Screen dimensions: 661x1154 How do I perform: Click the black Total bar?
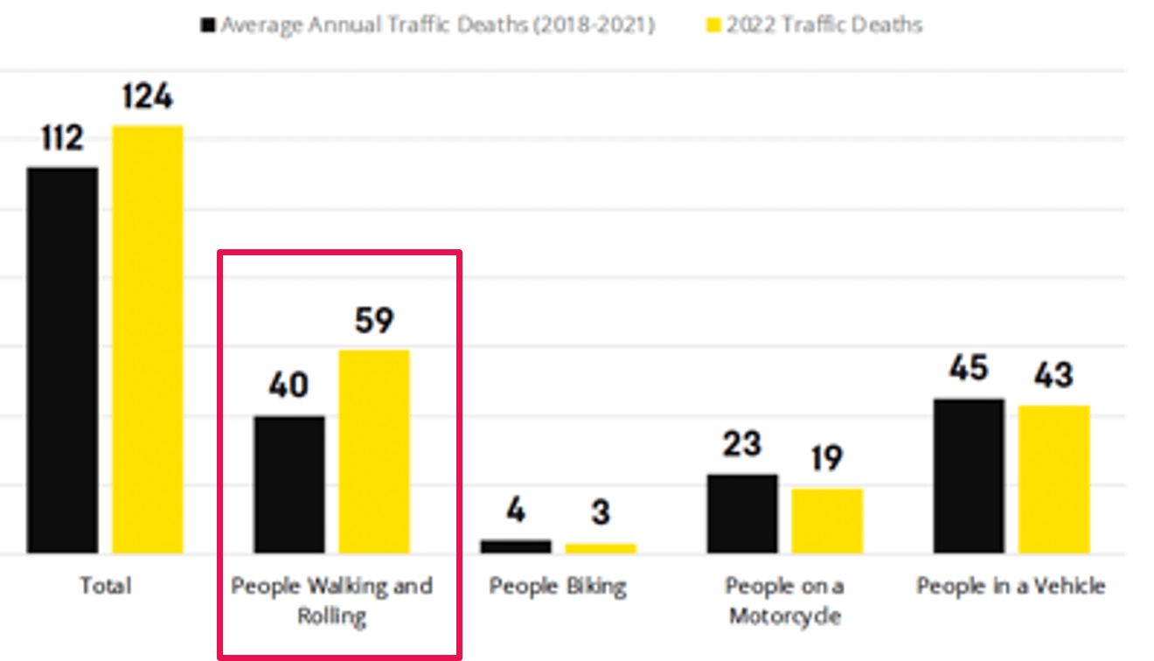pos(62,360)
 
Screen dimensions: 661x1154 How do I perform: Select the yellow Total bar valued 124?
pos(147,339)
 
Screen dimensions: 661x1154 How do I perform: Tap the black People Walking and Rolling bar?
pos(289,484)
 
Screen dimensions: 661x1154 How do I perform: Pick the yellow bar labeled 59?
pos(374,451)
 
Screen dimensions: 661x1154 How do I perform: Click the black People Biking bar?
pos(516,546)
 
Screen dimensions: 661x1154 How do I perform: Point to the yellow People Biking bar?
pos(601,548)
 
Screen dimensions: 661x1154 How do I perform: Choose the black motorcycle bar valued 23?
pos(742,514)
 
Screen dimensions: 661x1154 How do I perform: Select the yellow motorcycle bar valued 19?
pos(827,521)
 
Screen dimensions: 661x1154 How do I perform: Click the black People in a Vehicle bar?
pos(969,476)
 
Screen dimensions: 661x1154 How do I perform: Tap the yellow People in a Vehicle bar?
pos(1053,479)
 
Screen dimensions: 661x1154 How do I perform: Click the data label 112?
pos(62,138)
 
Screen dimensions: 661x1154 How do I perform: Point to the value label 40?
pos(288,386)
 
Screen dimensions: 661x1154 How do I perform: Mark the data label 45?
pos(969,369)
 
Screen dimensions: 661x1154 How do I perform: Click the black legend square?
pos(208,25)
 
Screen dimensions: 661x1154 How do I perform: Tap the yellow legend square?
pos(713,25)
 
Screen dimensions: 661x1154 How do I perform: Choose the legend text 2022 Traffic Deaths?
pos(824,24)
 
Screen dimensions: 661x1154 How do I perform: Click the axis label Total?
pos(105,585)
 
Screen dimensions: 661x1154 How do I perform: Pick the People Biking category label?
pos(558,585)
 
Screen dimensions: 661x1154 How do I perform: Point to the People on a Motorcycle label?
pos(784,600)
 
